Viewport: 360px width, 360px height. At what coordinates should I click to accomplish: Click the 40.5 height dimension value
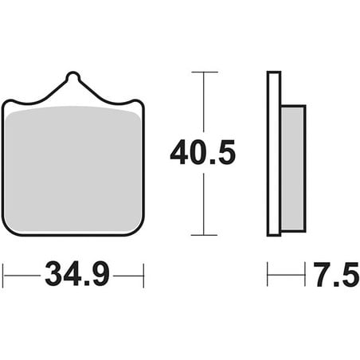[x=203, y=152]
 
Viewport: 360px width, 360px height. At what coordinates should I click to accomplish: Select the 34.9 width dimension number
[x=77, y=274]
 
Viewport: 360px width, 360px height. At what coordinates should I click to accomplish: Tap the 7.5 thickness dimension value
[x=336, y=275]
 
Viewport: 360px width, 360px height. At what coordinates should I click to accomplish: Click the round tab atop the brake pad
[x=72, y=76]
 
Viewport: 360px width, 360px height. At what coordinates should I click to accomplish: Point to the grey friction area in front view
[x=72, y=169]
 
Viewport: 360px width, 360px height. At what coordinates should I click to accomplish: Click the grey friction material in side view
[x=293, y=168]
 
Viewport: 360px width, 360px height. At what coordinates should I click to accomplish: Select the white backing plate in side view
[x=274, y=154]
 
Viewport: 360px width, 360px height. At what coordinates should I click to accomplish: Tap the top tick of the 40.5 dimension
[x=205, y=72]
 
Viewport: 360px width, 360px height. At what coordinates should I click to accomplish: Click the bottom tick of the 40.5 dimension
[x=204, y=235]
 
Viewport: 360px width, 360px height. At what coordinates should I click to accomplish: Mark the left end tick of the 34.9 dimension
[x=3, y=276]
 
